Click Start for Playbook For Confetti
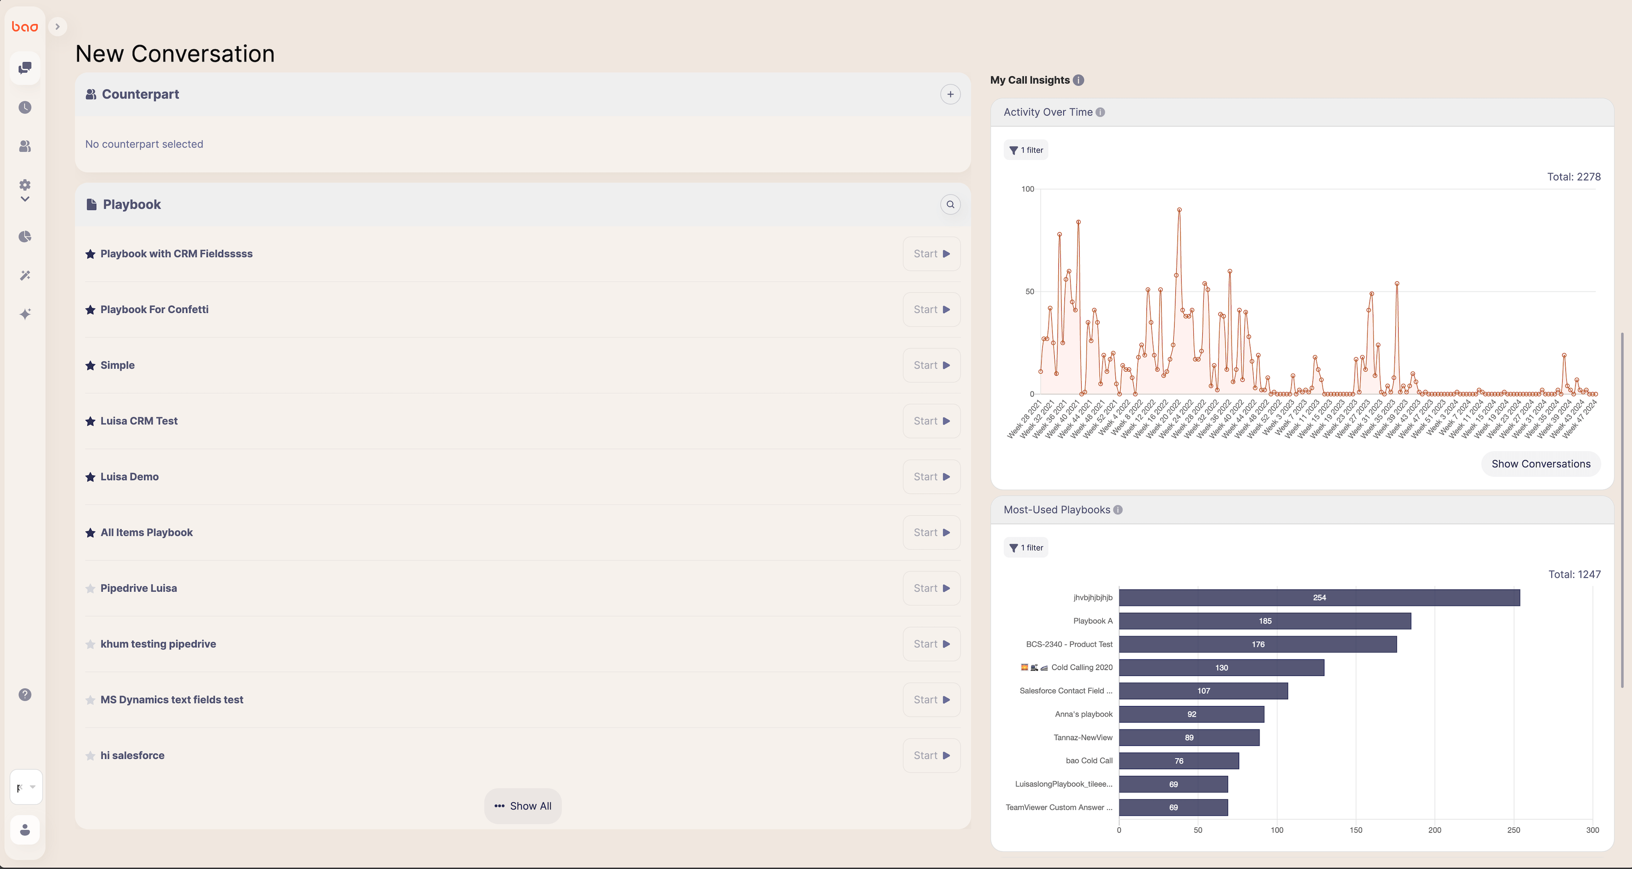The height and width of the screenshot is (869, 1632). [x=931, y=310]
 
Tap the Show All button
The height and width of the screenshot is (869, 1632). [x=523, y=806]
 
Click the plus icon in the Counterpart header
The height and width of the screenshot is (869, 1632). [x=950, y=94]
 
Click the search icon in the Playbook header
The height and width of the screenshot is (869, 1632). [x=950, y=204]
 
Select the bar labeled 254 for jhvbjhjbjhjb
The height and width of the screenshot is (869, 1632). [x=1319, y=597]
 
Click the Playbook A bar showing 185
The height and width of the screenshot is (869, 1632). [x=1264, y=621]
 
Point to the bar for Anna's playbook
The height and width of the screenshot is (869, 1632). [x=1191, y=714]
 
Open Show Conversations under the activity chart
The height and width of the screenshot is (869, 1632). [x=1540, y=464]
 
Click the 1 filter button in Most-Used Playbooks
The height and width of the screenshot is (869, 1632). [x=1026, y=548]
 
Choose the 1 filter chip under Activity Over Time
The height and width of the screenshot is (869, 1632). [x=1026, y=150]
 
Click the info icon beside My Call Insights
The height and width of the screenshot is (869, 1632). [x=1078, y=80]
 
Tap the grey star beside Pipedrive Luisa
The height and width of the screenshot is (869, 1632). [x=90, y=589]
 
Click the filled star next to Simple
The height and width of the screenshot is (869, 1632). [x=90, y=365]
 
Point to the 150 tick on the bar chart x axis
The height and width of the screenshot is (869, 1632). [x=1355, y=830]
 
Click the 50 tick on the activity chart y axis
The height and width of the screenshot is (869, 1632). [x=1029, y=292]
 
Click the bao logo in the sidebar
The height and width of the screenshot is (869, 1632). [x=25, y=27]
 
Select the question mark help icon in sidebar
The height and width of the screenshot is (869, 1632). [x=25, y=695]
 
